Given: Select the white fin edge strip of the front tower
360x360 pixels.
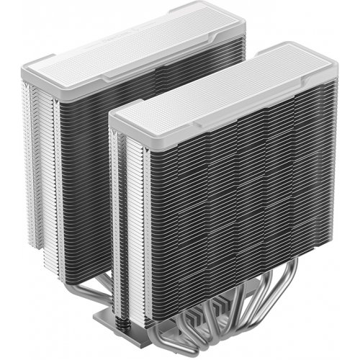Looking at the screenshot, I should [119, 216].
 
